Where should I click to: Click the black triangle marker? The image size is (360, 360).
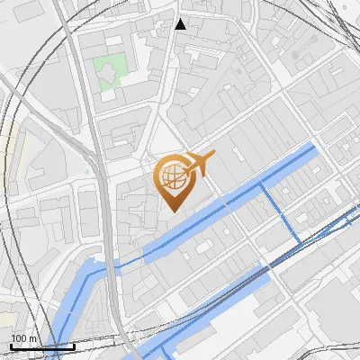[x=181, y=24]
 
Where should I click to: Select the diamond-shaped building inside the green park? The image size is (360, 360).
[x=111, y=65]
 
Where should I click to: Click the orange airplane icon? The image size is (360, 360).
[x=197, y=165]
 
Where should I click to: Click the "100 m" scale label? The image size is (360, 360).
[x=23, y=337]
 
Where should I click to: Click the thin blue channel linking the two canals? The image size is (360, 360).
[x=280, y=211]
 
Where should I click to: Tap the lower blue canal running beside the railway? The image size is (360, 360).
[x=225, y=297]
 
